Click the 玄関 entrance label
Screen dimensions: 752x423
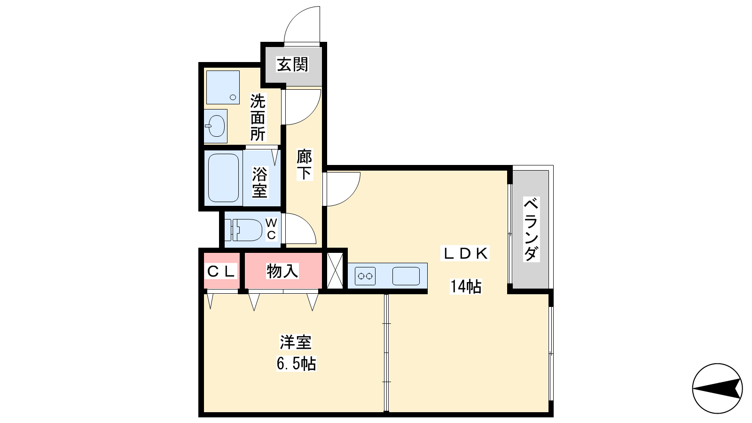coord(292,64)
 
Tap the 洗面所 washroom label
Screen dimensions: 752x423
coord(258,117)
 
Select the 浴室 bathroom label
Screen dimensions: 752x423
coord(259,182)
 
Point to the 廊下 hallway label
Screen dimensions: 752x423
coord(305,164)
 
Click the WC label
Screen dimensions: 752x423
coord(271,229)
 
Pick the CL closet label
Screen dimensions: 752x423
coord(221,271)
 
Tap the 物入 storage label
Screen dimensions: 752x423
coord(282,271)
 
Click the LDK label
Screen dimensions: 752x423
coord(465,253)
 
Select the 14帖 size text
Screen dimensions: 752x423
coord(466,286)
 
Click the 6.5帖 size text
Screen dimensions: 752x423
coord(296,363)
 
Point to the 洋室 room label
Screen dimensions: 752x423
coord(296,342)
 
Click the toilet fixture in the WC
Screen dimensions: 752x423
coord(243,230)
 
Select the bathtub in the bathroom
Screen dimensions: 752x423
coord(223,178)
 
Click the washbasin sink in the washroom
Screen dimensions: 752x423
coord(216,126)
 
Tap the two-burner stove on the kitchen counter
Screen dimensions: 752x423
coord(365,276)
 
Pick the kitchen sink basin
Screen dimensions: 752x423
coord(406,276)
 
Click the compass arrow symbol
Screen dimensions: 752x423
coord(717,388)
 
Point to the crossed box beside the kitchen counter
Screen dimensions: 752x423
coord(335,271)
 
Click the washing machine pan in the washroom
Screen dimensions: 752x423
coord(223,87)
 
